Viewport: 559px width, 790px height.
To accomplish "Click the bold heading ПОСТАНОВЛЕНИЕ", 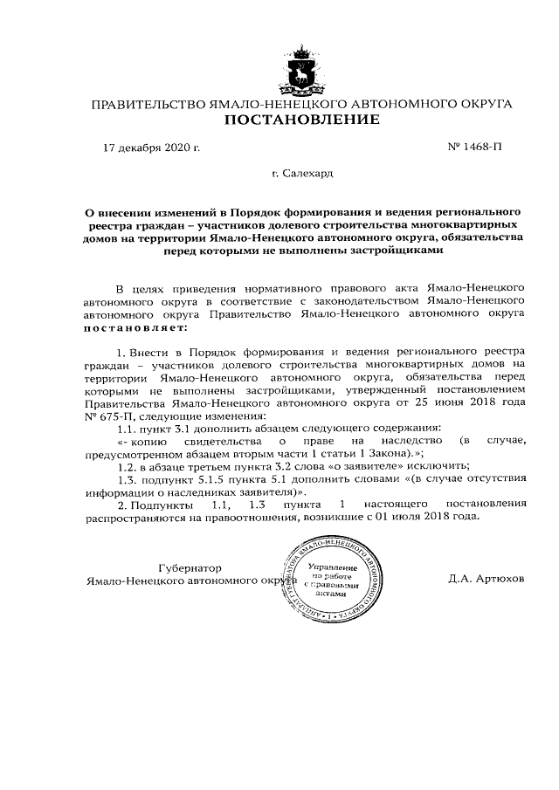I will [x=301, y=120].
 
